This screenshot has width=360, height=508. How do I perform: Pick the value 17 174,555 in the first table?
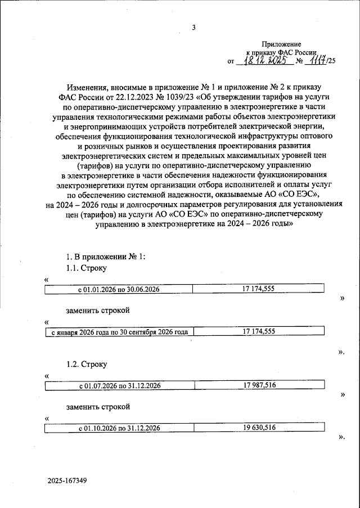[258, 289]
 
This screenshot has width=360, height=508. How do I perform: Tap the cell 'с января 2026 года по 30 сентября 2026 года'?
[119, 332]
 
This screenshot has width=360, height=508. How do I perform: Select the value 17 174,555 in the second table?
[258, 332]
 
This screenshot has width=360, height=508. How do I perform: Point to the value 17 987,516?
[258, 385]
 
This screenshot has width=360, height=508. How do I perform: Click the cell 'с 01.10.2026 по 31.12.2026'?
[119, 428]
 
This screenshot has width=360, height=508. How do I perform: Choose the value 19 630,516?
[258, 428]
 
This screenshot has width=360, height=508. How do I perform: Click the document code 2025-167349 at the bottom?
[67, 482]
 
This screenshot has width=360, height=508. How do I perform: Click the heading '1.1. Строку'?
[86, 268]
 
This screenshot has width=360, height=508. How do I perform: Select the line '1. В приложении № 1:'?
[106, 256]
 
